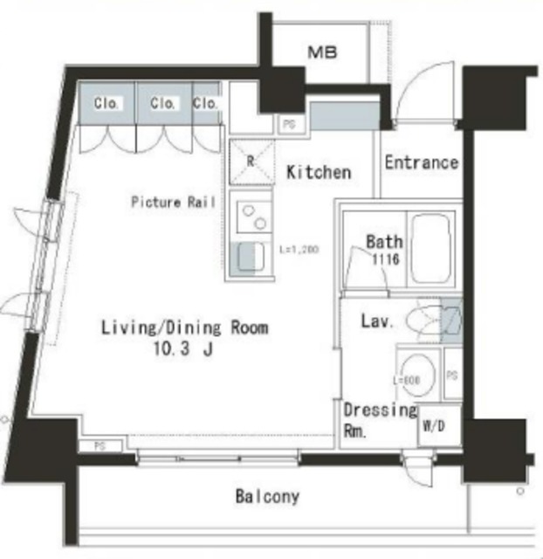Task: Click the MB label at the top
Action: coord(322,52)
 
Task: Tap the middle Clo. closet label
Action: coord(162,104)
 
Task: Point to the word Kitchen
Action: coord(319,172)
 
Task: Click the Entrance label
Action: coord(421,162)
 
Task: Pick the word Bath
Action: coord(384,242)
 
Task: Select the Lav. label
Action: coord(377,321)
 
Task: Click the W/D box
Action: coord(433,427)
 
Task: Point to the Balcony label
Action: coord(267,497)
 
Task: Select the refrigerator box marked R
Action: coord(251,162)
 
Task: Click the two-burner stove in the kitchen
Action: coord(251,215)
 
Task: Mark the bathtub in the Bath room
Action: coord(431,248)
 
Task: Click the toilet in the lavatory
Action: coord(425,319)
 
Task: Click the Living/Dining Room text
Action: coord(184,328)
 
